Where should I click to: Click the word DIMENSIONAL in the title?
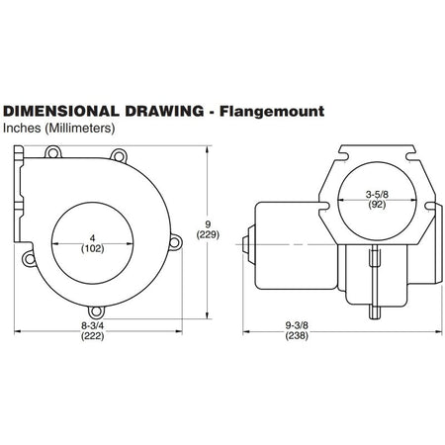pos(61,111)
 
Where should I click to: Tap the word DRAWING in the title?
pos(164,111)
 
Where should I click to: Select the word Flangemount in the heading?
pos(272,112)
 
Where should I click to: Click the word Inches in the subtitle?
pos(22,128)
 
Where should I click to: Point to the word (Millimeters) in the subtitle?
pos(80,129)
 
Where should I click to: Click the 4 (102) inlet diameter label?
pos(93,243)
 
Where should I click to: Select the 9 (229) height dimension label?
pos(208,229)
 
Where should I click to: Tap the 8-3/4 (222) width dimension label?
pos(93,331)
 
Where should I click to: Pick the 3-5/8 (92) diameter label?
pos(377,200)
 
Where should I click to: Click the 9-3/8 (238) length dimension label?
pos(297,330)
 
